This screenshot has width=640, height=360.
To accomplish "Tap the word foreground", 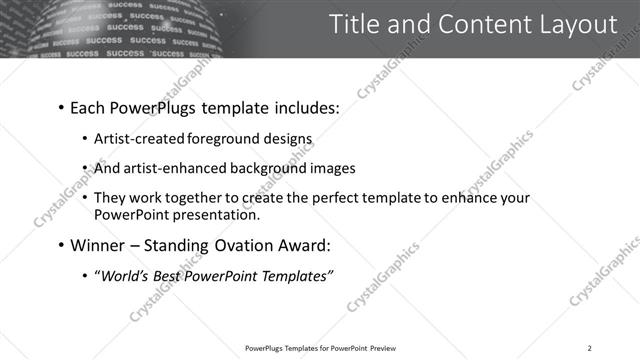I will [x=242, y=140].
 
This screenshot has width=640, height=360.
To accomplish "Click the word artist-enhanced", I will [x=179, y=169].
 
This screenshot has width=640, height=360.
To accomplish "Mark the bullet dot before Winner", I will [x=62, y=246].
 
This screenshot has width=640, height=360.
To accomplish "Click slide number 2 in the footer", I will [x=590, y=348].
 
